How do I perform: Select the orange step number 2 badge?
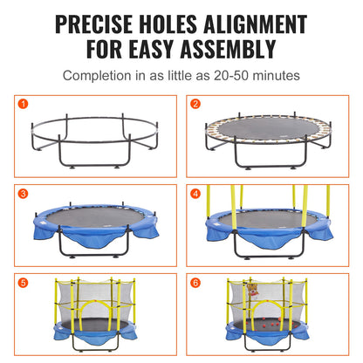pos(195,103)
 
